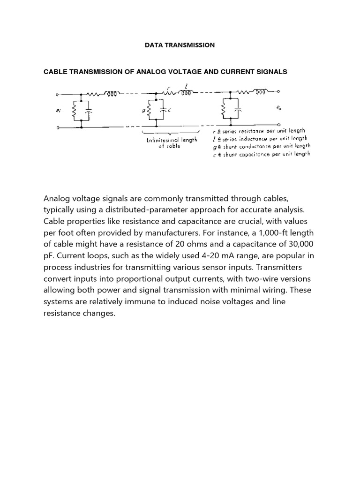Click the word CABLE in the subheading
[55, 72]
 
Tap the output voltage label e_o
[280, 107]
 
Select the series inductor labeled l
[185, 93]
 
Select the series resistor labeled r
[169, 93]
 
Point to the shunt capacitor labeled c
[163, 112]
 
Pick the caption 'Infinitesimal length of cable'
[169, 142]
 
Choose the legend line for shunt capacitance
[261, 154]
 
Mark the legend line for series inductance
[260, 138]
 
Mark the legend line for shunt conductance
[261, 146]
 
